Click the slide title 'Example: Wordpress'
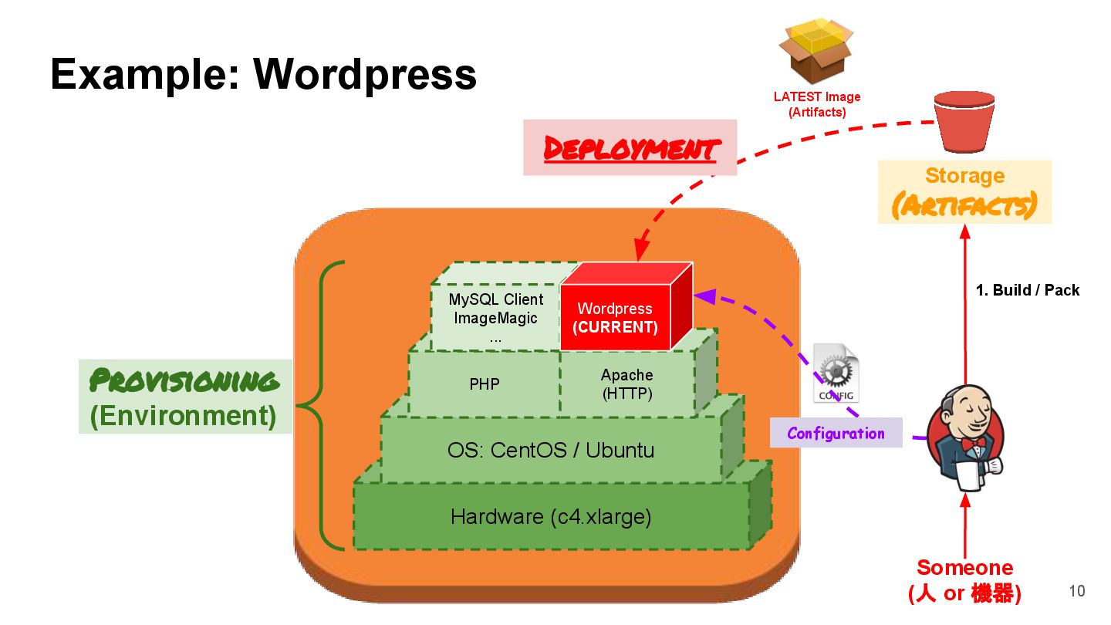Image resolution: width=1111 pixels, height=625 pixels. [x=263, y=75]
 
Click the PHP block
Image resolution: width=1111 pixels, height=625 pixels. [x=485, y=383]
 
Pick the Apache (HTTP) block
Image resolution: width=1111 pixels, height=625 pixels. [x=626, y=383]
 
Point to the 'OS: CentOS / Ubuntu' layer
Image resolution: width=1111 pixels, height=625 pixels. [x=551, y=450]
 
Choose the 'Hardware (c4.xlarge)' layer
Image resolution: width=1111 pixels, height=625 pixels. [x=551, y=516]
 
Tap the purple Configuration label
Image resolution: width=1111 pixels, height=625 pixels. [x=836, y=433]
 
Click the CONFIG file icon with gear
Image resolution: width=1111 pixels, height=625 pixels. [x=836, y=373]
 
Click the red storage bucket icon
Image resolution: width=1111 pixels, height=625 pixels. [x=964, y=122]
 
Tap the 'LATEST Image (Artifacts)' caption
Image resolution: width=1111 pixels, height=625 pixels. [x=816, y=104]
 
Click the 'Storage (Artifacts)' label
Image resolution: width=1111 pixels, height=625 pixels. [x=964, y=191]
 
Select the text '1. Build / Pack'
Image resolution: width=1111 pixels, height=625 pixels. [x=1028, y=290]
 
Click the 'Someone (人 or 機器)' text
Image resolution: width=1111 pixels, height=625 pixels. [x=964, y=580]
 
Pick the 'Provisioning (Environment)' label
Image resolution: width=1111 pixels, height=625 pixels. [x=184, y=397]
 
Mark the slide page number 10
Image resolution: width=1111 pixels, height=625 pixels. [x=1076, y=591]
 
